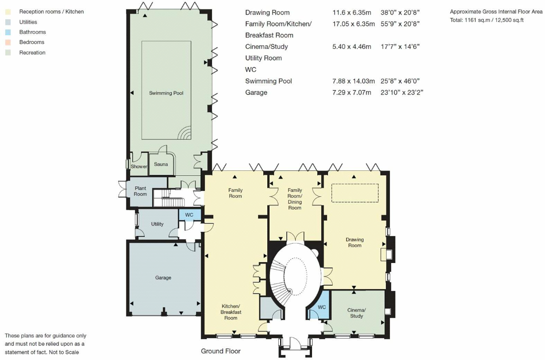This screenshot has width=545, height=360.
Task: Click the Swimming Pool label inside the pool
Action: click(x=166, y=93)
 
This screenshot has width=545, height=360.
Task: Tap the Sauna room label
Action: click(x=161, y=165)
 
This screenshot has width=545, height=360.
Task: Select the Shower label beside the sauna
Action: click(x=139, y=166)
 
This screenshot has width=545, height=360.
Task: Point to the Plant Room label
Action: click(x=140, y=191)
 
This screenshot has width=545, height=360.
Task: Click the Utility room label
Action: click(x=157, y=224)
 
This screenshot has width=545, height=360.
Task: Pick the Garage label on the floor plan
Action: click(x=163, y=278)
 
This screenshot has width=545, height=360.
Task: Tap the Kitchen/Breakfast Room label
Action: click(x=231, y=312)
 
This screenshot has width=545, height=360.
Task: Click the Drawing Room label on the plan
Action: click(x=354, y=242)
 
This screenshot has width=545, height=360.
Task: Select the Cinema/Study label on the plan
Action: click(x=356, y=313)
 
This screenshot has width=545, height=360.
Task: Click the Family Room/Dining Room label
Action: click(x=295, y=199)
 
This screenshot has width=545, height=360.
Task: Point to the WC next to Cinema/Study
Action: click(x=322, y=307)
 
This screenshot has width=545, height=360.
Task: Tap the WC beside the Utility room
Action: click(x=189, y=215)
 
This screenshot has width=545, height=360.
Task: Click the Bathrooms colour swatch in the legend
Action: click(x=8, y=32)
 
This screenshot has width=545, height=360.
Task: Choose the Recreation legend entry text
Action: click(x=32, y=53)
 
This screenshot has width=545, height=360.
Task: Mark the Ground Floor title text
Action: click(x=220, y=351)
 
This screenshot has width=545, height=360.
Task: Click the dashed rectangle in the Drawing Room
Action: click(x=355, y=193)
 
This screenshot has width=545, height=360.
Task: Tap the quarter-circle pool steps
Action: click(x=185, y=133)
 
